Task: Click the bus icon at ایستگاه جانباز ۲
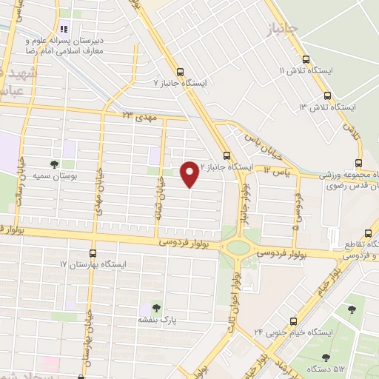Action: click(x=227, y=156)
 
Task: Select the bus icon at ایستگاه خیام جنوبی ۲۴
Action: click(x=294, y=321)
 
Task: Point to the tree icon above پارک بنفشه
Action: click(x=155, y=307)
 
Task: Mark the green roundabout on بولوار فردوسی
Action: click(x=239, y=247)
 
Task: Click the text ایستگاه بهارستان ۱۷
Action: click(x=94, y=264)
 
